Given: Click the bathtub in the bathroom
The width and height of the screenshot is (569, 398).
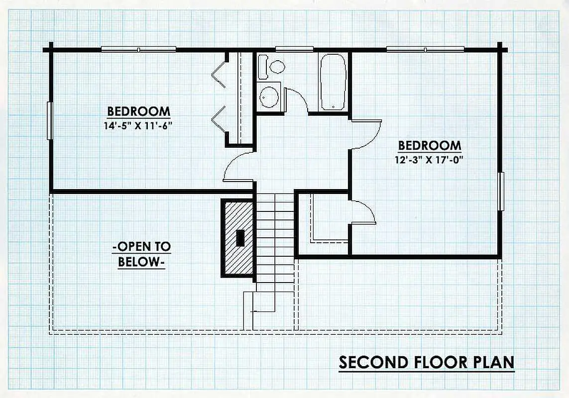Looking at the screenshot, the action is (333, 82).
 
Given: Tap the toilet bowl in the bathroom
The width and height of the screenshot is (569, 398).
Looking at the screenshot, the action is (277, 67).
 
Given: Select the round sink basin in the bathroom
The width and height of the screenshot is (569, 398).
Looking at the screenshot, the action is (269, 97).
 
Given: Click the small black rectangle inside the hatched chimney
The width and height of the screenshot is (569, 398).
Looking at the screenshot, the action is (240, 238).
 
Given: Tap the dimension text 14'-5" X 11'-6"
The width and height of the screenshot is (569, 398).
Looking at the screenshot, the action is (137, 126).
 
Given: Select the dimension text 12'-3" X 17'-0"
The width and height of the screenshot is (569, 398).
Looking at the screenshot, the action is (429, 160).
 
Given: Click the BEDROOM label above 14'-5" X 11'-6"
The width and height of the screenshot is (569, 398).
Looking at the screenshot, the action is (138, 111).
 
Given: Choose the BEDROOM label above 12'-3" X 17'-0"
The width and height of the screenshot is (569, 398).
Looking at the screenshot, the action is (430, 145).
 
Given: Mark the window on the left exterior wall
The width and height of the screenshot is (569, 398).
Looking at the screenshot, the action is (50, 120).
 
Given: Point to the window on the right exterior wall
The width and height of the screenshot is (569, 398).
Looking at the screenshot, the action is (501, 191).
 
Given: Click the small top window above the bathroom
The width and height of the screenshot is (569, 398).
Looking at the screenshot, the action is (294, 49).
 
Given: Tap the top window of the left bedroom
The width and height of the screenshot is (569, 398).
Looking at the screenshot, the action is (138, 49).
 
